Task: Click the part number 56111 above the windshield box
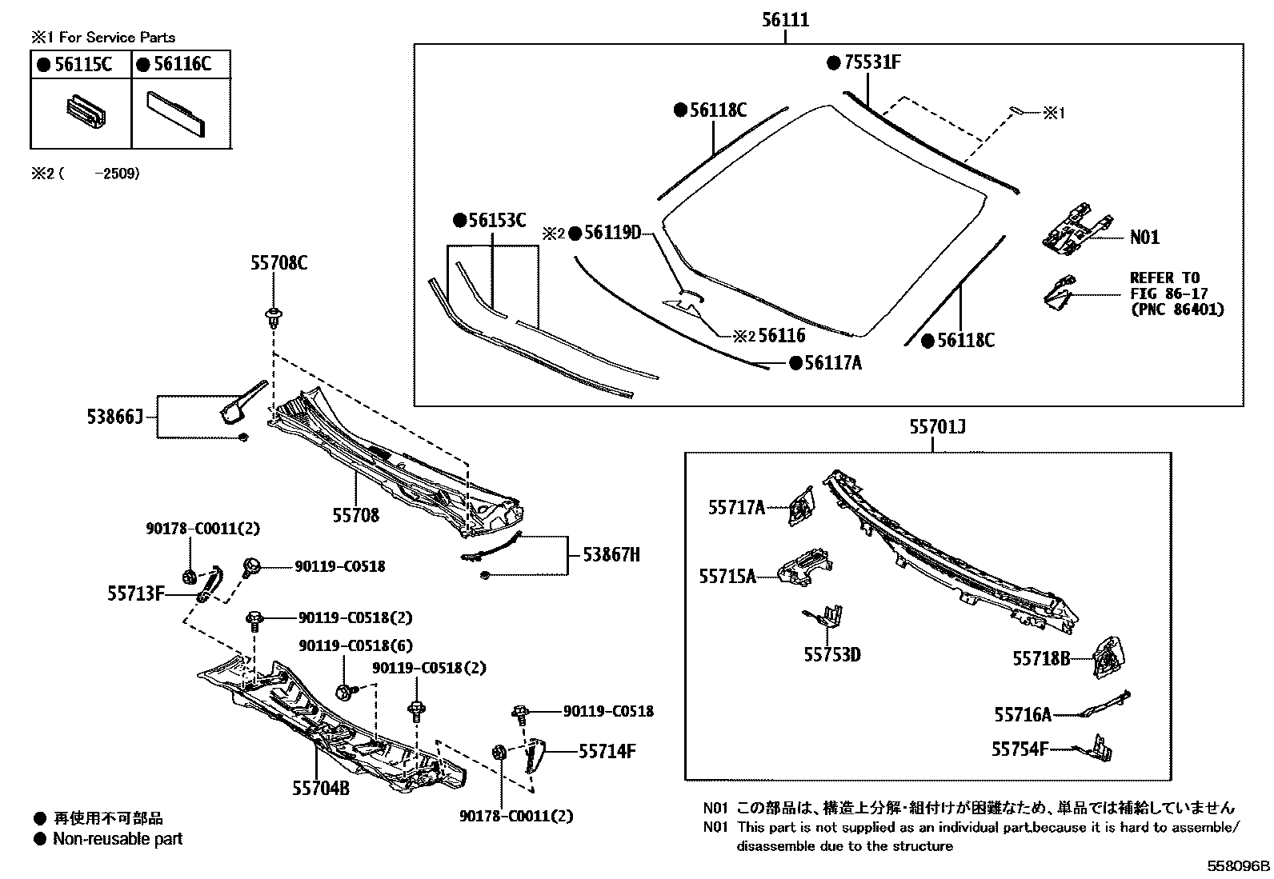(x=784, y=21)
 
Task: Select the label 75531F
(x=872, y=62)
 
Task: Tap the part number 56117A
(x=833, y=363)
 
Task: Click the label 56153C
(x=496, y=221)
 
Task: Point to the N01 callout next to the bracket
(x=1144, y=238)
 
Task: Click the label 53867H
(x=611, y=554)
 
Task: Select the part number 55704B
(x=321, y=788)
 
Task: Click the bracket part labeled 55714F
(x=532, y=756)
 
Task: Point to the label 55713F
(x=136, y=593)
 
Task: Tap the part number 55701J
(x=937, y=428)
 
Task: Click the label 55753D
(x=832, y=655)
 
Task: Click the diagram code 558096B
(x=1239, y=865)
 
